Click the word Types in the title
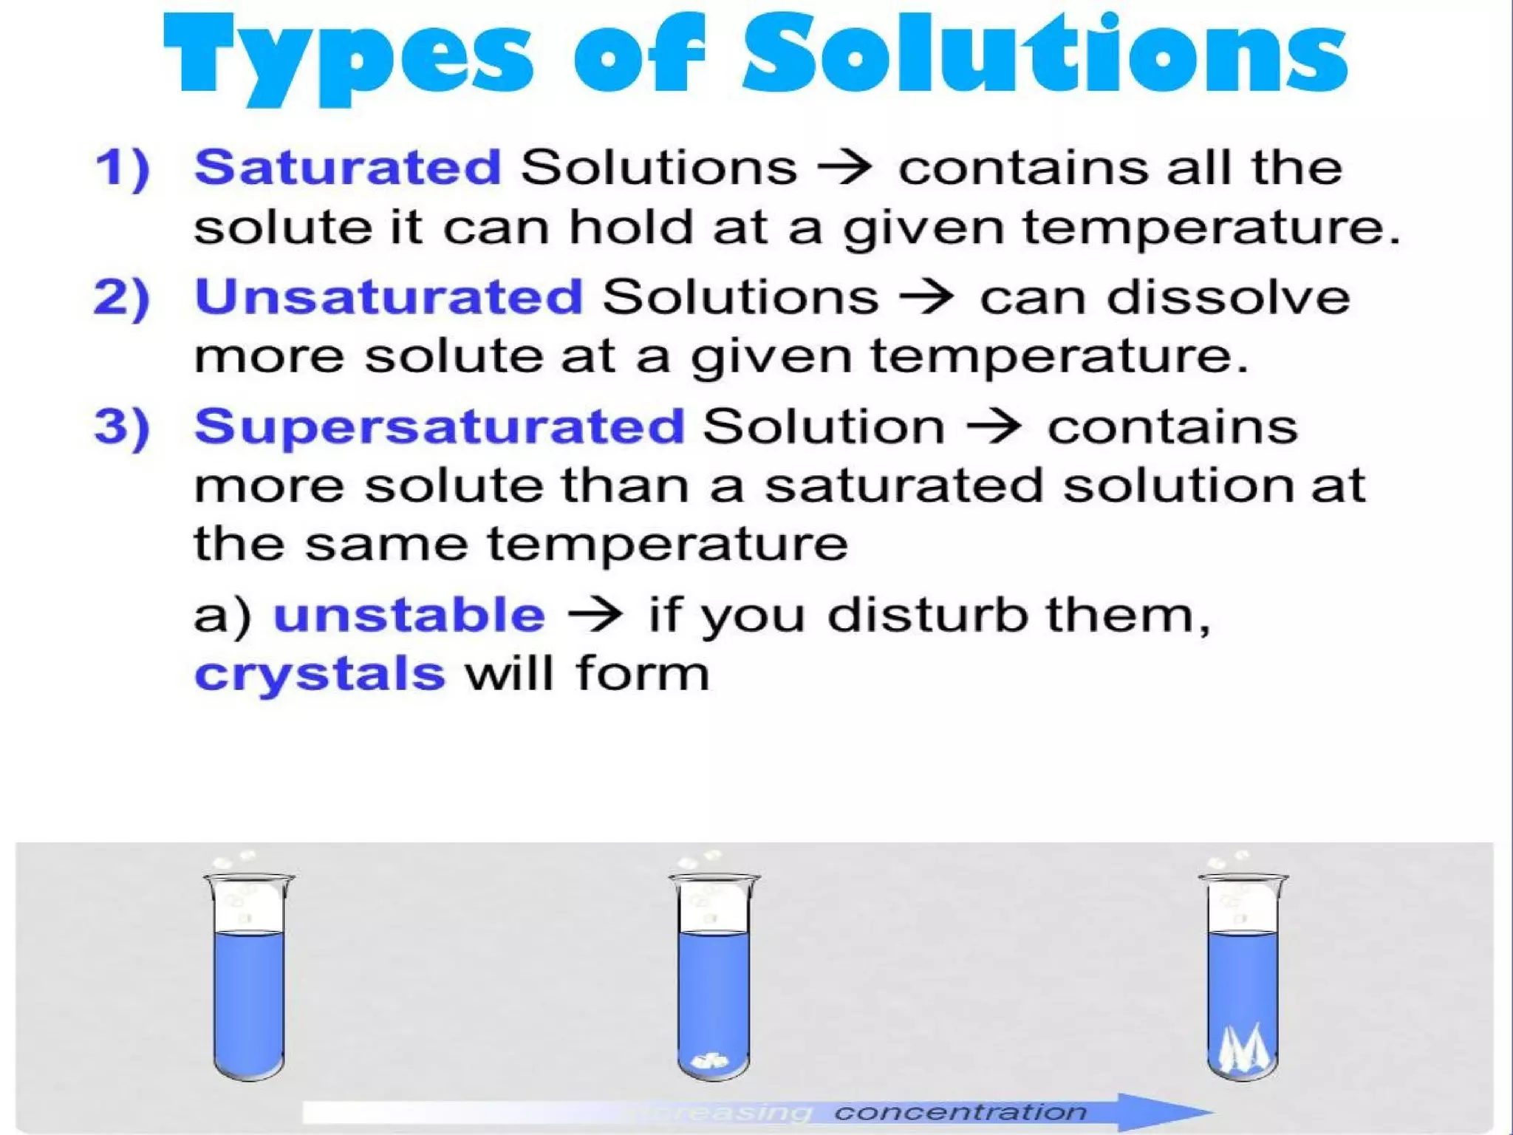click(347, 59)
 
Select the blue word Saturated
click(348, 167)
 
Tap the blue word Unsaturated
click(389, 297)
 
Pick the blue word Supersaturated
click(440, 427)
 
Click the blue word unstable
click(409, 615)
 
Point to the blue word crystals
click(320, 674)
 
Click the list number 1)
click(123, 168)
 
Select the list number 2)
click(122, 298)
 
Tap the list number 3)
click(122, 428)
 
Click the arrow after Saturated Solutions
click(847, 167)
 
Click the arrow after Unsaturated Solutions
click(928, 297)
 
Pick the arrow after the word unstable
click(595, 615)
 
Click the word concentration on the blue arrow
click(960, 1112)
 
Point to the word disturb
click(928, 615)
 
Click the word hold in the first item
click(630, 226)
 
